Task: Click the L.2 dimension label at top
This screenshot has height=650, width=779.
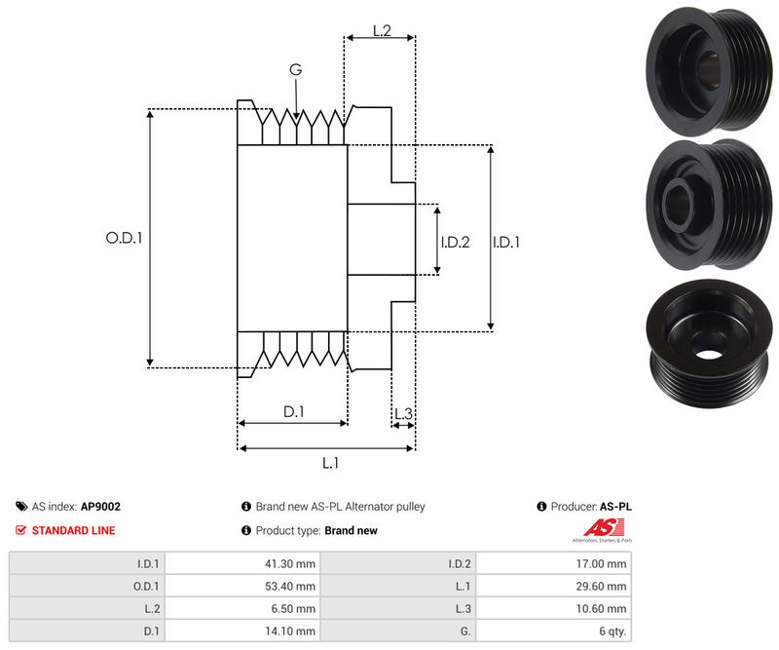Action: point(381,31)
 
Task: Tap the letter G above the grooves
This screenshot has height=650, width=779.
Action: point(295,70)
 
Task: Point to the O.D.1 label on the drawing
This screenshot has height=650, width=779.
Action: point(124,237)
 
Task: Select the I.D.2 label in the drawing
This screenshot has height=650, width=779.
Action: point(455,242)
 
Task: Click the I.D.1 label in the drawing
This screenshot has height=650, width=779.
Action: point(505,242)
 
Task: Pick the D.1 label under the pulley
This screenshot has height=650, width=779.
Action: point(293,412)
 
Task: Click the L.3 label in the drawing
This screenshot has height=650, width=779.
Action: point(403,414)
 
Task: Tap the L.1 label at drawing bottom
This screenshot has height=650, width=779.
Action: point(330,463)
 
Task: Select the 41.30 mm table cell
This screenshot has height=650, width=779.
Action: point(293,563)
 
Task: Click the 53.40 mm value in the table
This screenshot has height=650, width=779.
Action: point(293,586)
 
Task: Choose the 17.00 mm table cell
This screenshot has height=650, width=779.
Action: point(604,563)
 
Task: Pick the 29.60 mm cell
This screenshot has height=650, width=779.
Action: point(604,586)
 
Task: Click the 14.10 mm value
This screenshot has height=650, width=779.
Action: point(293,631)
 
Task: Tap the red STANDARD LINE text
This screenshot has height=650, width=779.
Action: point(73,530)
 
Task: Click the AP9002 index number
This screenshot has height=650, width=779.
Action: point(100,507)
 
